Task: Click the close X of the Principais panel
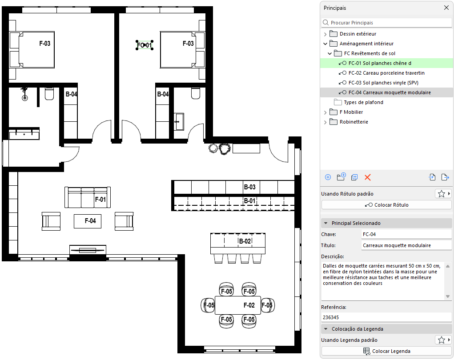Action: coord(446,8)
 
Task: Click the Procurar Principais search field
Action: coord(386,23)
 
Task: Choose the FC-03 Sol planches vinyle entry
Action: coord(383,83)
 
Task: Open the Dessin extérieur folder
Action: coord(358,34)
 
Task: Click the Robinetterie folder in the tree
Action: coord(354,122)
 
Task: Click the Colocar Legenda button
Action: coord(386,351)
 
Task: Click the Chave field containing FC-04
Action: coord(406,234)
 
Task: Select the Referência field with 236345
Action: coord(386,317)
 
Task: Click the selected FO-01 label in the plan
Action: coord(145,45)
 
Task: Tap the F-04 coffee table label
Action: coord(90,221)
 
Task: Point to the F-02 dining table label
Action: coord(249,305)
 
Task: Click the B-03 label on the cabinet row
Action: coord(249,187)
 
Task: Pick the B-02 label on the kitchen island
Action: coord(245,241)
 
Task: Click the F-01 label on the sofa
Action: coord(100,200)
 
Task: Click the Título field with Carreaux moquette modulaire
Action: coord(406,245)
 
